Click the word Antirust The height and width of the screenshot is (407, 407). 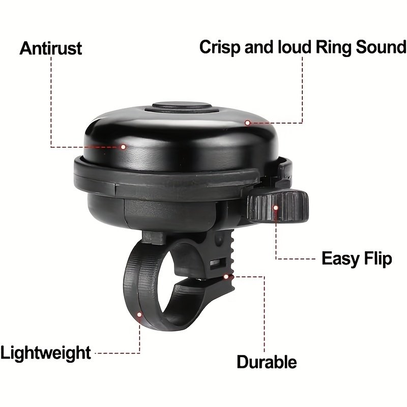(x=51, y=48)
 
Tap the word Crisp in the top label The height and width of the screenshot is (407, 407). (x=220, y=48)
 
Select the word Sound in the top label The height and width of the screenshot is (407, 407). (x=381, y=47)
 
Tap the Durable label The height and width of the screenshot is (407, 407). (x=267, y=362)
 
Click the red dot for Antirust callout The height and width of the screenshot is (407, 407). (x=123, y=147)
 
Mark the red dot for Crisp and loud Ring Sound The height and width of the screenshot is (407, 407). (x=248, y=123)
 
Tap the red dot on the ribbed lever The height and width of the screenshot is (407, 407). (x=276, y=208)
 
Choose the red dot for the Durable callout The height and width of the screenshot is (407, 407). (x=226, y=277)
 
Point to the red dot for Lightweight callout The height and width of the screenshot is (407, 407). (x=139, y=315)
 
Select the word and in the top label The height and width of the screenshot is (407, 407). (x=259, y=47)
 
